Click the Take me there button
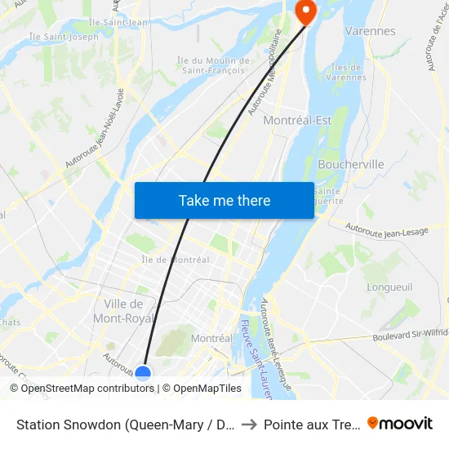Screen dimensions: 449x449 224,201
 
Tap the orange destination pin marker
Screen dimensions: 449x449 305,11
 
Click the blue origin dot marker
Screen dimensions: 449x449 143,373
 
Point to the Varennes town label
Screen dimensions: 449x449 370,31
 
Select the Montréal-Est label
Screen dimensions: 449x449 298,120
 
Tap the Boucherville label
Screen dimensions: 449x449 351,164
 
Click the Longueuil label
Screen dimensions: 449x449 390,287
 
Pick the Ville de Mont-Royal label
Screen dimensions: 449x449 124,311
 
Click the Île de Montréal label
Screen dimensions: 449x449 176,260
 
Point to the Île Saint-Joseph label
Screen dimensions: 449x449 64,36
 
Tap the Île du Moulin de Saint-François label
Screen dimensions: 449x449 214,65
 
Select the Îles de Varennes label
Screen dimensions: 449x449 349,72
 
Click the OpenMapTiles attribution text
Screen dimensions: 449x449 207,389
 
